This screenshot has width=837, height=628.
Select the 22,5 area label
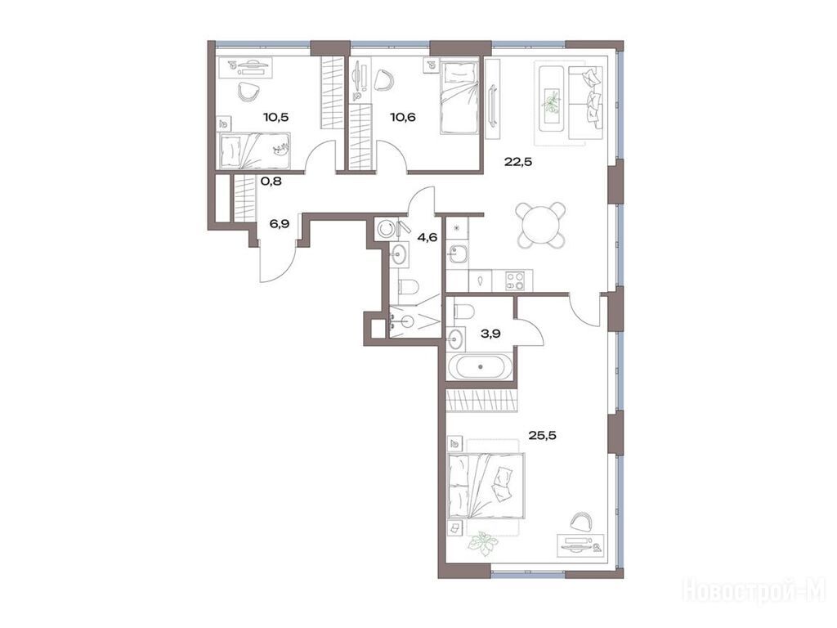pos(517,163)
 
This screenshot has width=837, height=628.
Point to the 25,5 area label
pos(543,435)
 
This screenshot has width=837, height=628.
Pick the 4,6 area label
pos(427,238)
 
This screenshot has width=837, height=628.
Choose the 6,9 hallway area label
pos(280,224)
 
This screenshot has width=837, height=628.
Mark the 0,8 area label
pos(271,181)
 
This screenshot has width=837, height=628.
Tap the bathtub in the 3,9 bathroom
pos(481,366)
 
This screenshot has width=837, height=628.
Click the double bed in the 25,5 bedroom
pos(486,486)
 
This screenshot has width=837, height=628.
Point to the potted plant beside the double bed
pos(481,541)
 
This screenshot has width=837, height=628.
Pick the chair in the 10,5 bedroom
pos(248,92)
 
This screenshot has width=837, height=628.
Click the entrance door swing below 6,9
pos(278,262)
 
